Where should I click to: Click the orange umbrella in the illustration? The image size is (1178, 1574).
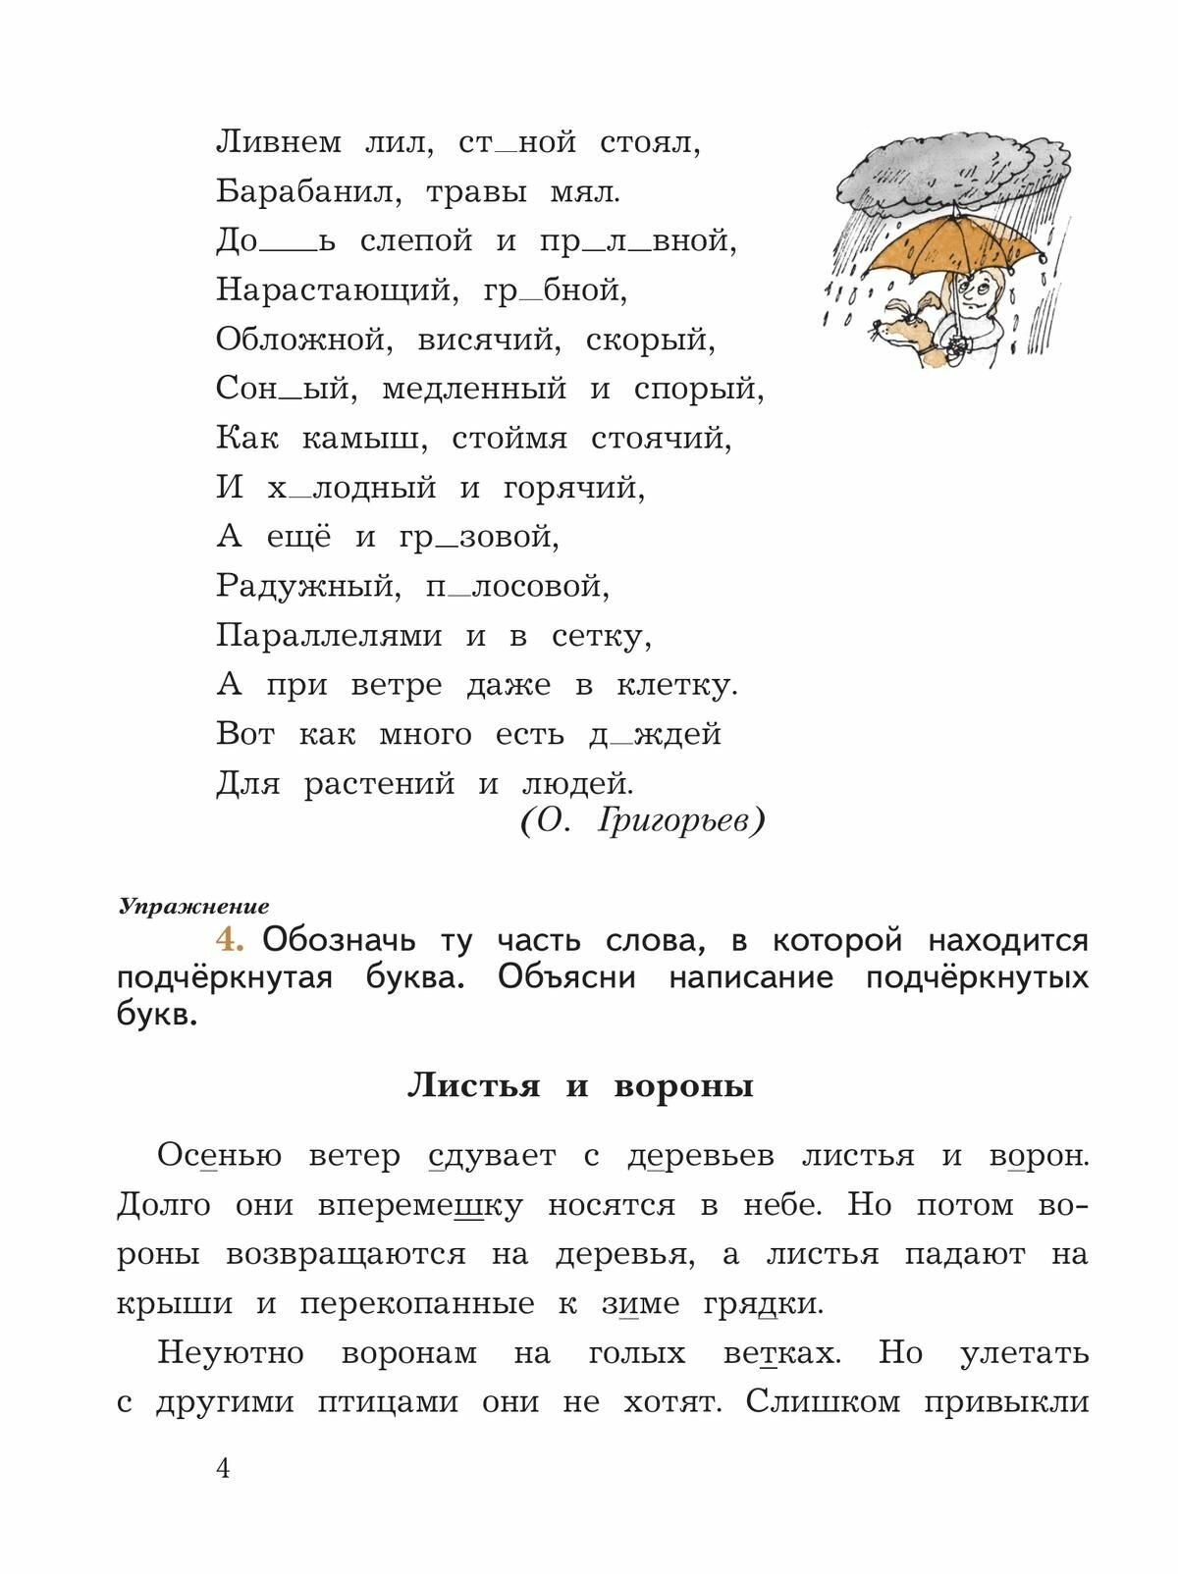[x=942, y=250]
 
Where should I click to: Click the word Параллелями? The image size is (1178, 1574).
[x=329, y=636]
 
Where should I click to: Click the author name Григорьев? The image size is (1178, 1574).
[x=680, y=820]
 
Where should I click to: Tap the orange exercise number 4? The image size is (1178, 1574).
[x=230, y=939]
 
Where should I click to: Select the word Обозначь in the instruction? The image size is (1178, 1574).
[x=340, y=940]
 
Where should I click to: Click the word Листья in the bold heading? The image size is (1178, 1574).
[x=473, y=1085]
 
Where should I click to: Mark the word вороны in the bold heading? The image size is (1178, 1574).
[x=683, y=1085]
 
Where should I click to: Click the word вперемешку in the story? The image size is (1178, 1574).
[x=420, y=1205]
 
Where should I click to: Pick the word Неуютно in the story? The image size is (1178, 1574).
[x=231, y=1353]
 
